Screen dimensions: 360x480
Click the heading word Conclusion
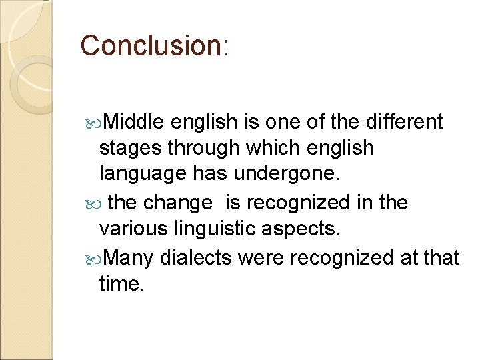(153, 45)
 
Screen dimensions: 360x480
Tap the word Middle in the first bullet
(134, 122)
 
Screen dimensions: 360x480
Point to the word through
(198, 149)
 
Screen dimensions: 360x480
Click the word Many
(129, 257)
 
